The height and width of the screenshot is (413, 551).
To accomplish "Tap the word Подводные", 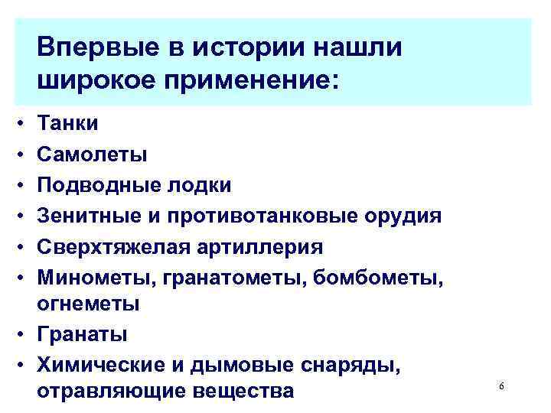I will pos(97,185).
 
